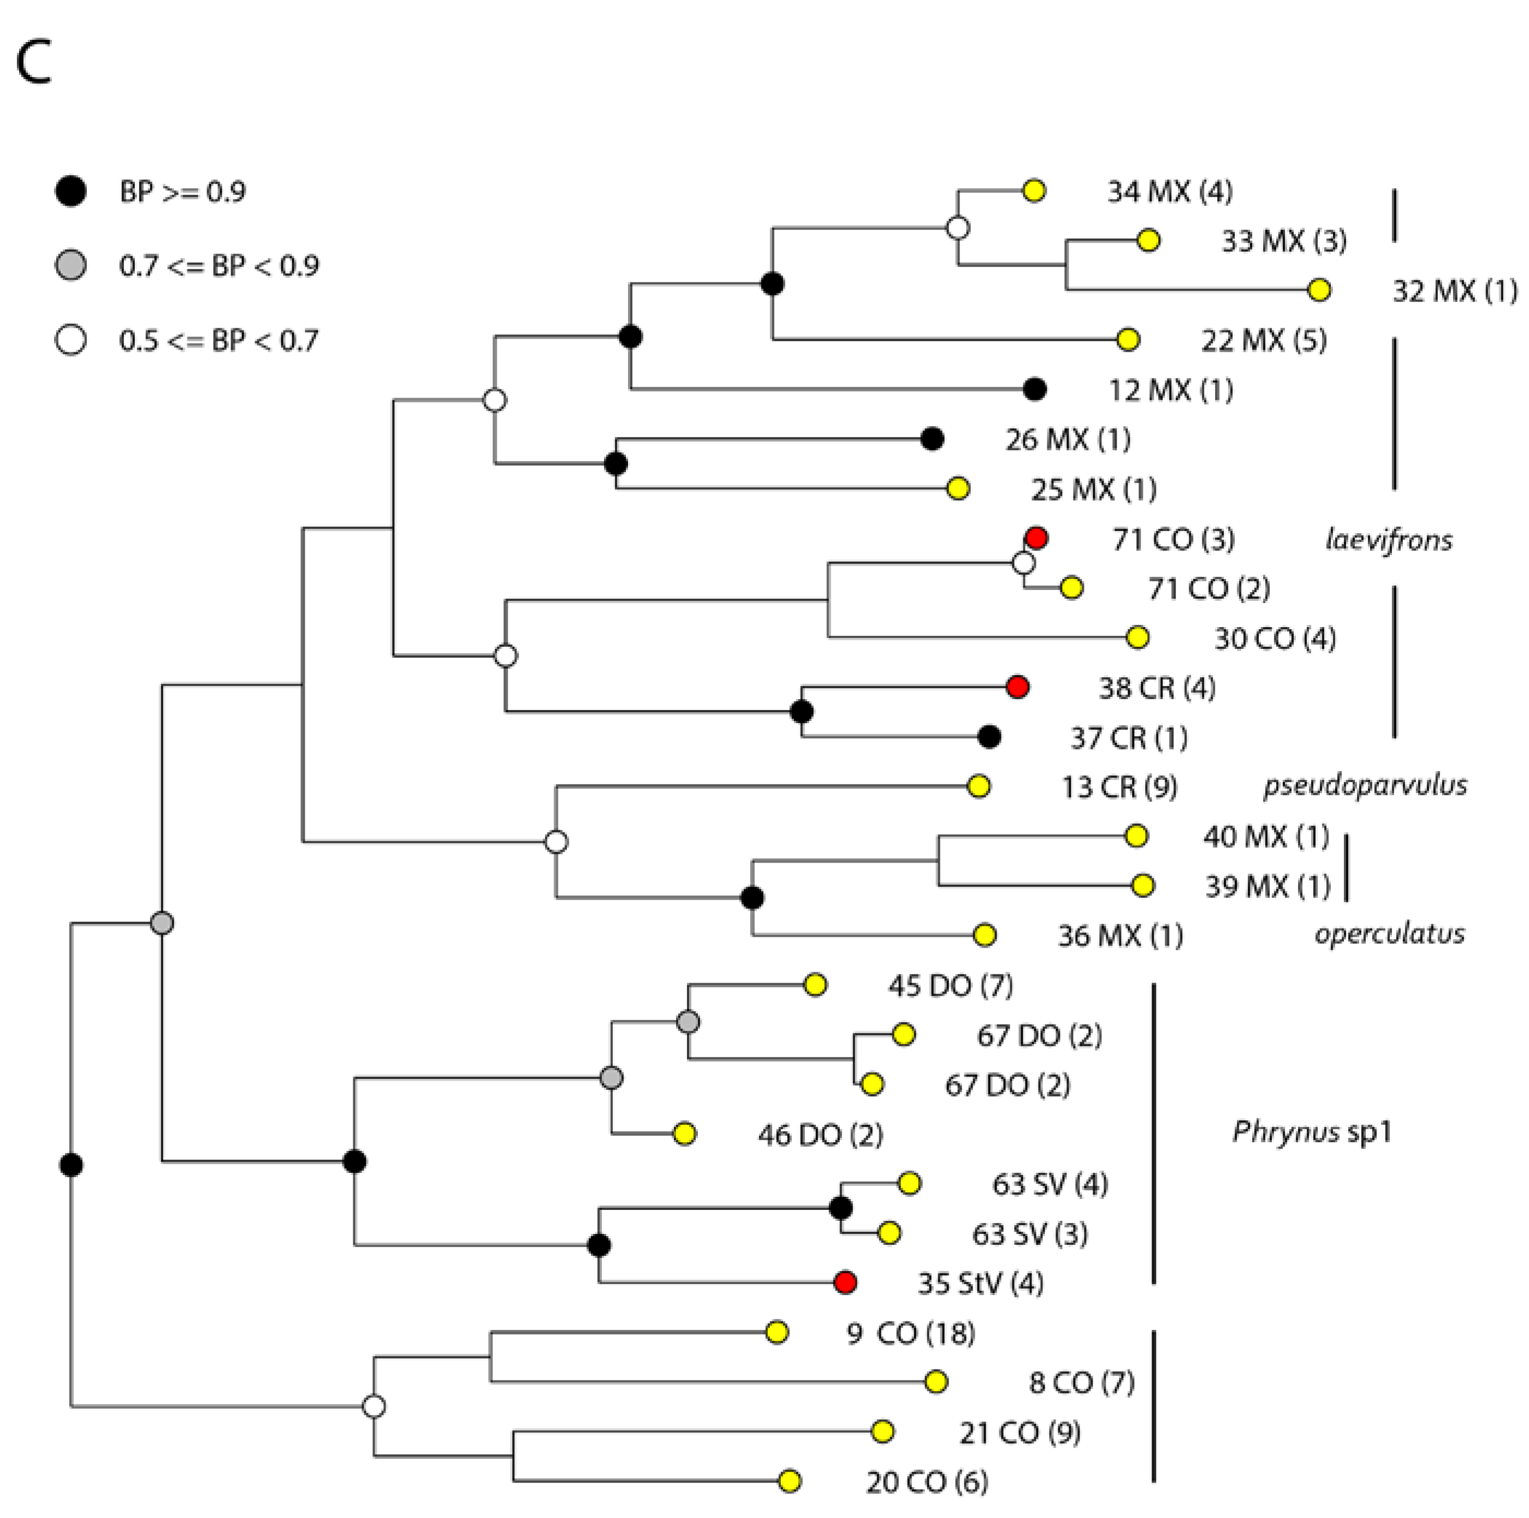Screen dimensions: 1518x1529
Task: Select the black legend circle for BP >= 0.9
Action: [x=71, y=192]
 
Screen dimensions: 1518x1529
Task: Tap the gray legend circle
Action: [x=71, y=265]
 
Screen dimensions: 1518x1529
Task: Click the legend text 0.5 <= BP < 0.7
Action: [x=218, y=340]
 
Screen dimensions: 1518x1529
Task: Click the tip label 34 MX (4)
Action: [x=1169, y=192]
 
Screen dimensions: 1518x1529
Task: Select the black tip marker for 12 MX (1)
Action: [x=1034, y=388]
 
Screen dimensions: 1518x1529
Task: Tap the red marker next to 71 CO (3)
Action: [x=1036, y=538]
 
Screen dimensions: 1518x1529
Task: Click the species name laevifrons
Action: [x=1388, y=540]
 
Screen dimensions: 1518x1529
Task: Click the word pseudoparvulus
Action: [x=1365, y=785]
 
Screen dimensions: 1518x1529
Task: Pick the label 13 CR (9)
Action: [x=1119, y=787]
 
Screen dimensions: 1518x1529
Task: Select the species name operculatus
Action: [x=1389, y=934]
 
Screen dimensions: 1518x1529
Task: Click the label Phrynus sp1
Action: [x=1311, y=1132]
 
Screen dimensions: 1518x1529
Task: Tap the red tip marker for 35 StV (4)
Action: [x=845, y=1282]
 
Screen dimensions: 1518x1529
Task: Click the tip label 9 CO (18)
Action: [x=910, y=1333]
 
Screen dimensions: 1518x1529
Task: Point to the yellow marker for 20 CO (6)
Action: [x=789, y=1481]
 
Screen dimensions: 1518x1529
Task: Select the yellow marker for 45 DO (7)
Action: [x=815, y=984]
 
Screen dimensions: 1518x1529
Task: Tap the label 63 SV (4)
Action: [x=1050, y=1184]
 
